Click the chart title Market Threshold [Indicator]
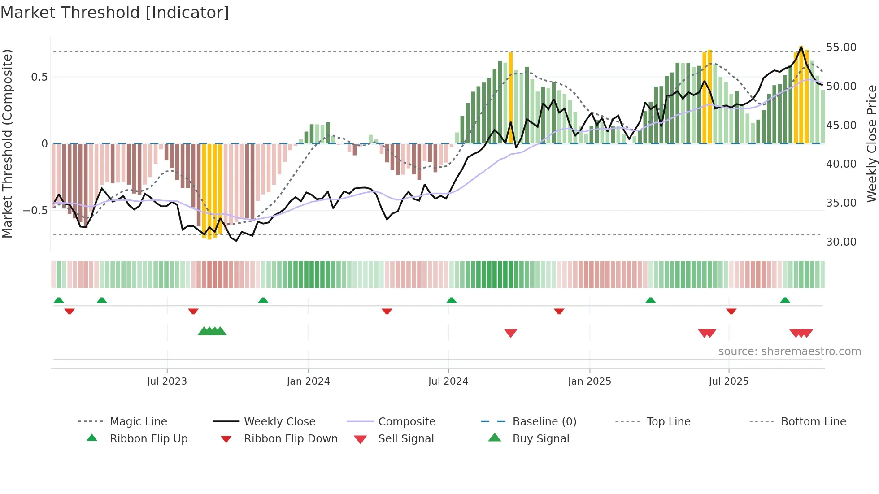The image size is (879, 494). click(115, 13)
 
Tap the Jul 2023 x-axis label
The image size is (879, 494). click(167, 381)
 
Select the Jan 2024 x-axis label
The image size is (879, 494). click(308, 381)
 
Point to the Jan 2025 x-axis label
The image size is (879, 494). click(589, 381)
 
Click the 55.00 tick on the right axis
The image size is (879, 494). click(841, 48)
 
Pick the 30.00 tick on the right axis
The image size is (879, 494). click(841, 242)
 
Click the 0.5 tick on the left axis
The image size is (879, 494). click(39, 77)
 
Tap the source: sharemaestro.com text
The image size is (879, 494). click(789, 351)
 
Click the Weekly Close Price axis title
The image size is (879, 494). click(871, 143)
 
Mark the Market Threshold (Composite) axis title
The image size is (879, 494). click(7, 143)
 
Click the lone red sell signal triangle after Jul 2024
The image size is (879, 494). click(511, 333)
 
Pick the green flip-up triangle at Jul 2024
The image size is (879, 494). click(452, 300)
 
